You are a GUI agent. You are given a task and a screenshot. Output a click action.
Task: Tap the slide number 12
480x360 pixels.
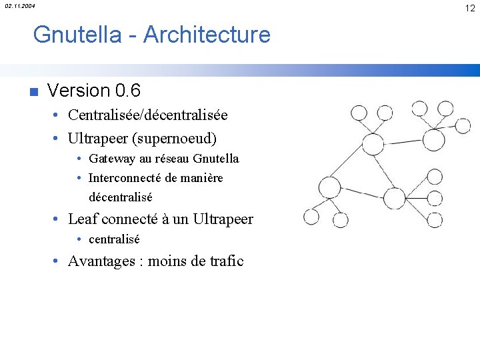click(470, 7)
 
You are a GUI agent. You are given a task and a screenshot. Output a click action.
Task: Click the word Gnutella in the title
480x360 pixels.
click(77, 34)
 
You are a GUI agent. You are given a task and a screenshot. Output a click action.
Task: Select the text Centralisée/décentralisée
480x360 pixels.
click(147, 115)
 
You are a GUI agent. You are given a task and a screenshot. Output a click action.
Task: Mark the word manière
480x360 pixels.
click(201, 178)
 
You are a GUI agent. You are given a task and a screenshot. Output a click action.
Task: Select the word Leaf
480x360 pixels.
click(83, 219)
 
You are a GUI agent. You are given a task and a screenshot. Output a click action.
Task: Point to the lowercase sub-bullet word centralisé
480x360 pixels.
click(113, 239)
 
